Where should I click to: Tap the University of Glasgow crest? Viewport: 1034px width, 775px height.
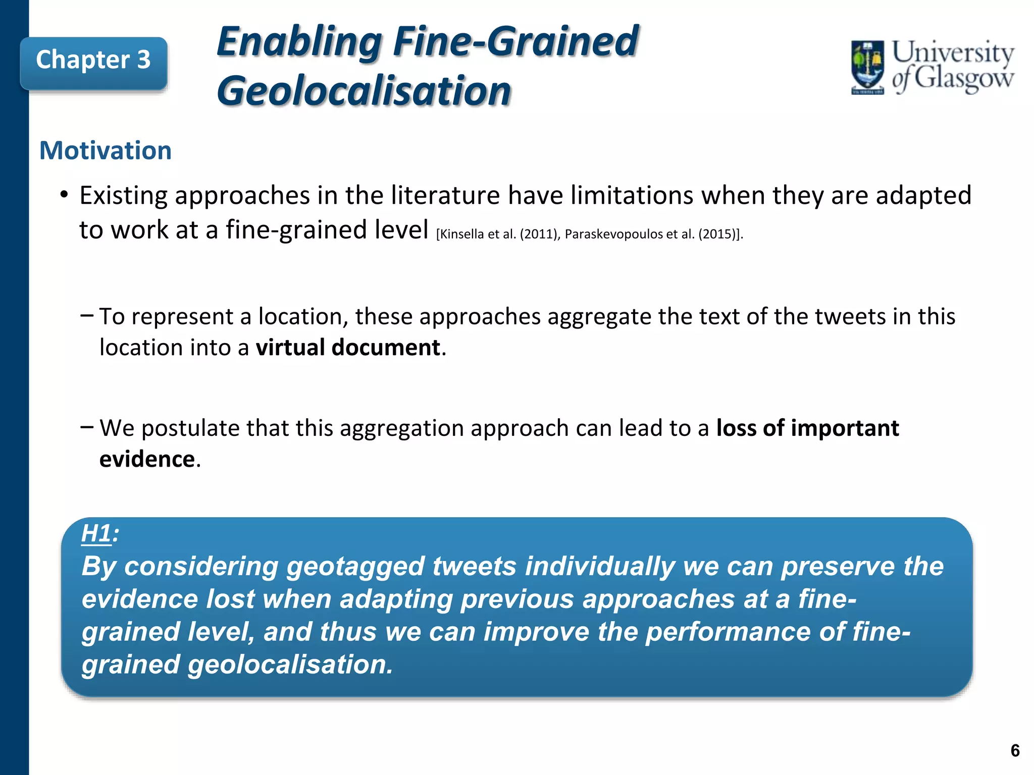tap(867, 68)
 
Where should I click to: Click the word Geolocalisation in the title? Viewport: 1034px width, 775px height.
tap(364, 91)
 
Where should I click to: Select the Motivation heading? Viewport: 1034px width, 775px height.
tap(106, 151)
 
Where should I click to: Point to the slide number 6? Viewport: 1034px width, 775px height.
tap(1015, 751)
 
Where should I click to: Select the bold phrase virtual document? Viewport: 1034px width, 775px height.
tap(348, 348)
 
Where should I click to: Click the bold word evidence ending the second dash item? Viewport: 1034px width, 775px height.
tap(147, 459)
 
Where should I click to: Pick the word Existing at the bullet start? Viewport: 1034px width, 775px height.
tap(123, 196)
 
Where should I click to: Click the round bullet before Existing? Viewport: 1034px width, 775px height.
tap(64, 194)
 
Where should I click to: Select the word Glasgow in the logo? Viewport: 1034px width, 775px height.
tap(963, 79)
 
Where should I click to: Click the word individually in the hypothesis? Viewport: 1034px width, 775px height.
tap(600, 566)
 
